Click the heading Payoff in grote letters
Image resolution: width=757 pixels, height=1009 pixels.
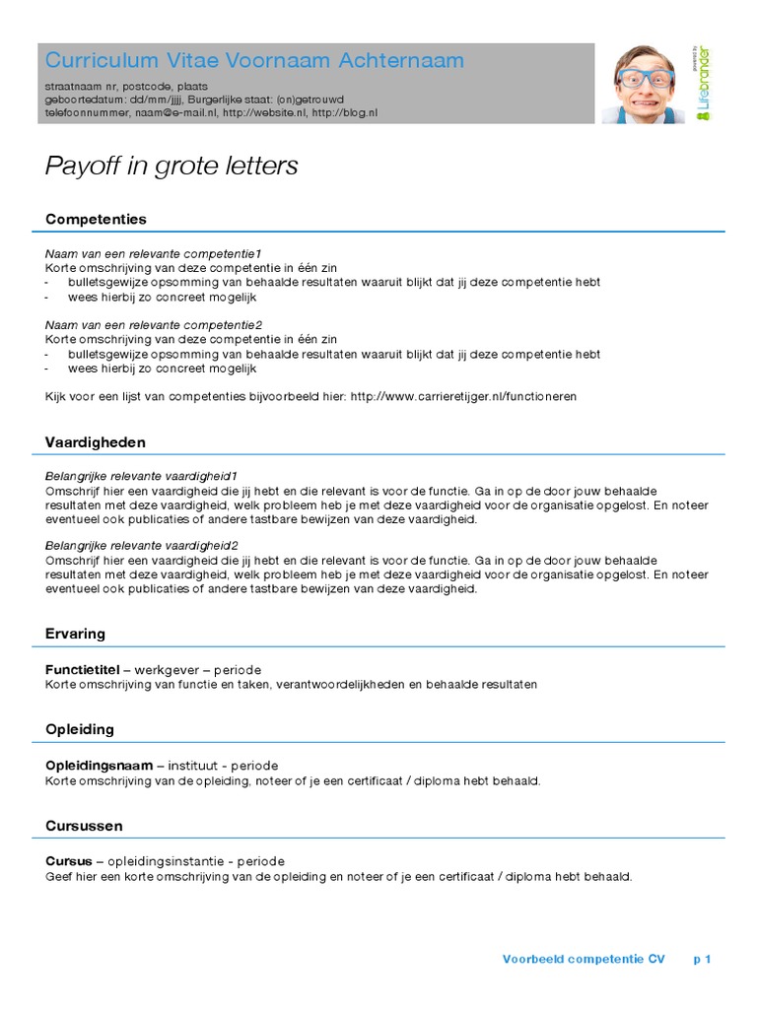coord(172,167)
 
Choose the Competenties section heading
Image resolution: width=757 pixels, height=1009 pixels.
coord(96,219)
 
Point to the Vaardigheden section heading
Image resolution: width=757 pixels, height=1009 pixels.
coord(96,442)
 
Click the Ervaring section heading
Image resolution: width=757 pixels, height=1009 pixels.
coord(75,634)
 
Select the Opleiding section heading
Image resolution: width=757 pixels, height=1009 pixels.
coord(80,729)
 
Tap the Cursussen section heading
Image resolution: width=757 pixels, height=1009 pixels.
coord(85,825)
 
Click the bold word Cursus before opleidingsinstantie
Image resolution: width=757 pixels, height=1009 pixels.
coord(69,861)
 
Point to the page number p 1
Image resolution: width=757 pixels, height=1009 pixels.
coord(702,958)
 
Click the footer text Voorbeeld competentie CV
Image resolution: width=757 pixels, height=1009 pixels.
coord(584,958)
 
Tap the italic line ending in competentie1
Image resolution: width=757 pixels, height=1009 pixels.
coord(154,253)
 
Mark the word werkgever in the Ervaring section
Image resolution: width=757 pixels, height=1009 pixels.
coord(168,670)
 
